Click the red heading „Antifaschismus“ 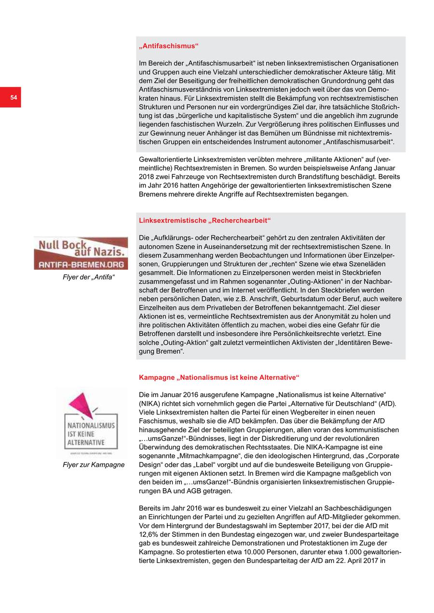[169, 46]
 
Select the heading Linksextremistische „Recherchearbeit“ [205, 221]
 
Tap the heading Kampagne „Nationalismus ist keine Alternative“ [219, 377]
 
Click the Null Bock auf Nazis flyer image [81, 253]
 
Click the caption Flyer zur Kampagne [94, 465]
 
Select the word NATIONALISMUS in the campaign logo [91, 426]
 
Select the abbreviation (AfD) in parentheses [384, 403]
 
